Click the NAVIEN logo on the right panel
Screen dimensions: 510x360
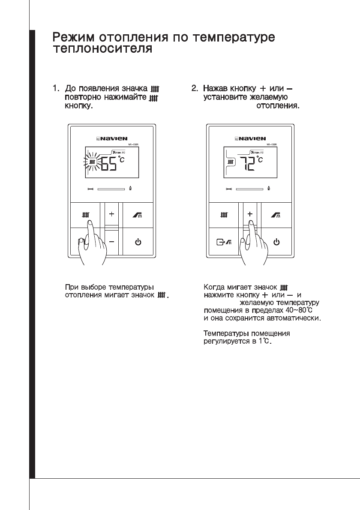coord(250,138)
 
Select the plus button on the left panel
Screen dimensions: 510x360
coord(111,213)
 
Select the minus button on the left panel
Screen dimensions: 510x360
coord(111,242)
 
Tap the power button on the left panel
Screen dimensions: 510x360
coord(138,242)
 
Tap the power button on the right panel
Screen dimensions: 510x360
coord(277,242)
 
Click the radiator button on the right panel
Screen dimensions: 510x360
coord(224,214)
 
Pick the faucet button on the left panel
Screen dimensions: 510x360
coord(138,214)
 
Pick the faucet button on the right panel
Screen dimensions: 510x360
coord(277,214)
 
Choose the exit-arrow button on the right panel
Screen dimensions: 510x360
coord(224,242)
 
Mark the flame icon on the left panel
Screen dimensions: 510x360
coord(130,188)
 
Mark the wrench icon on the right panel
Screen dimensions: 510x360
coord(228,189)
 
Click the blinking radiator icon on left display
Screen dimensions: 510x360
coord(91,162)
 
